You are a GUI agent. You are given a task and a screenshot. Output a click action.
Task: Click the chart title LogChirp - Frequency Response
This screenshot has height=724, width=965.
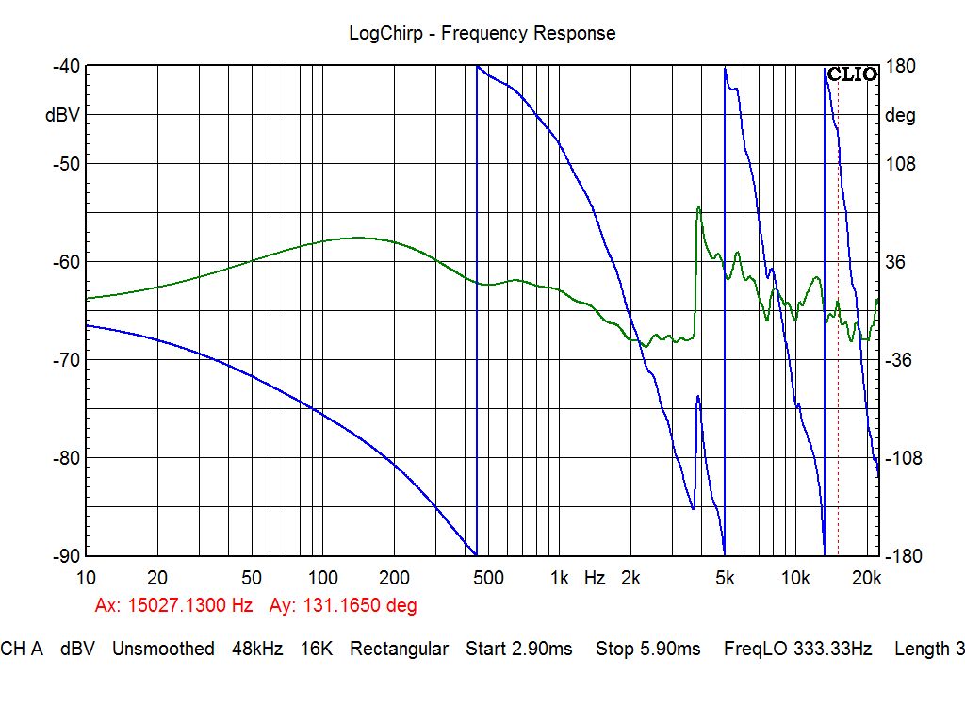click(x=482, y=33)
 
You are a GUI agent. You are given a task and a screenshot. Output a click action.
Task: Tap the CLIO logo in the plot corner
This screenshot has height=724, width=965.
click(x=852, y=74)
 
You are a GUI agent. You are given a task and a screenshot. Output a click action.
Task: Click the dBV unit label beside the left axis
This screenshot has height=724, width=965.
click(x=62, y=116)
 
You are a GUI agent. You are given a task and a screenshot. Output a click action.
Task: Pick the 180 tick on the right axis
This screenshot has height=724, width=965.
click(x=902, y=66)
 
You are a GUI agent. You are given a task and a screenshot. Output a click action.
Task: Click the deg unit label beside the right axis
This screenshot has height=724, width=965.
click(x=900, y=116)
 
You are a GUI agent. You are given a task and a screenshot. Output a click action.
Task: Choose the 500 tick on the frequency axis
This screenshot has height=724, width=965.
click(x=487, y=578)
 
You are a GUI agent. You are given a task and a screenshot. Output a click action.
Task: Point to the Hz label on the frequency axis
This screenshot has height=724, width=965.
click(x=594, y=578)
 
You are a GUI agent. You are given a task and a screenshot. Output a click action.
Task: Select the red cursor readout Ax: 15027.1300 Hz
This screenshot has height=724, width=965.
click(x=173, y=605)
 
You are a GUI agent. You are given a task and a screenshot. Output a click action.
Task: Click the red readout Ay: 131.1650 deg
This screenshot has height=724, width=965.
click(x=343, y=605)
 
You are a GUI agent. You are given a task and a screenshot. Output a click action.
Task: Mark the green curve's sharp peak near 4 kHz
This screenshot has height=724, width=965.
click(x=698, y=206)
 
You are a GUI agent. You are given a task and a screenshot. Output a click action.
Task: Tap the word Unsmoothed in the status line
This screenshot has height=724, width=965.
click(x=163, y=649)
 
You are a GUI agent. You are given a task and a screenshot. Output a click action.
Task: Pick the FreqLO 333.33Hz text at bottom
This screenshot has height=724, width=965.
click(x=797, y=649)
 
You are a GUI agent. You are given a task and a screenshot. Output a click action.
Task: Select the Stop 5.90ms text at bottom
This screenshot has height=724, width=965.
click(x=647, y=649)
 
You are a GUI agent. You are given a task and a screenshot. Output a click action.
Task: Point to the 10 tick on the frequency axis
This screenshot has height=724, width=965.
click(x=86, y=578)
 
